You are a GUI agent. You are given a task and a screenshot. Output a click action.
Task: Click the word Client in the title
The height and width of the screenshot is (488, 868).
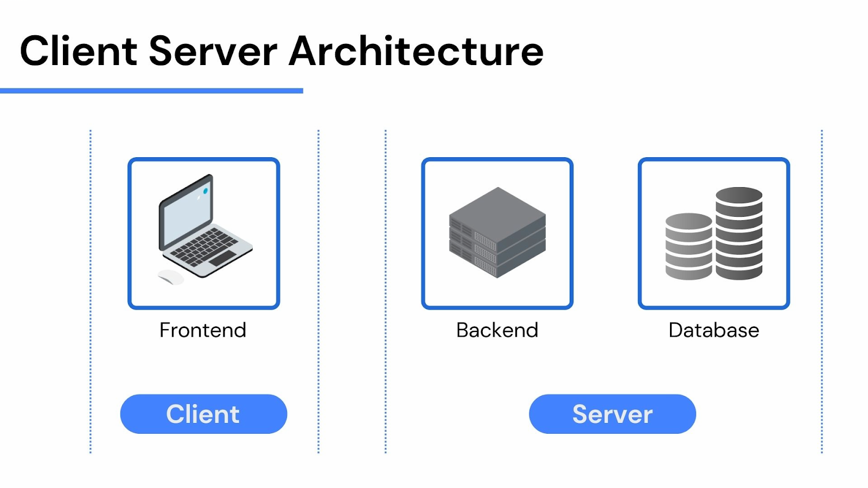[78, 52]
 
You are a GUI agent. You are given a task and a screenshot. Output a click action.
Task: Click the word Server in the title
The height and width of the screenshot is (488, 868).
[213, 52]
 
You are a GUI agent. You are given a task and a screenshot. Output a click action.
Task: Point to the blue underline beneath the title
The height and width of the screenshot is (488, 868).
[151, 91]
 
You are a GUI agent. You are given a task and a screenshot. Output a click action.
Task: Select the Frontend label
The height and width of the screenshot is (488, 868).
[203, 330]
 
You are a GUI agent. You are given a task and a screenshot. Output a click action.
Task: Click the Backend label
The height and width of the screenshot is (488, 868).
[497, 330]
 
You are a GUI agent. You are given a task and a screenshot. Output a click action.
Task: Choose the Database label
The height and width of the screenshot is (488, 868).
[713, 330]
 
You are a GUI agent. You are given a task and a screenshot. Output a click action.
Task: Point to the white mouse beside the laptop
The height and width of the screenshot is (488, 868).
[170, 277]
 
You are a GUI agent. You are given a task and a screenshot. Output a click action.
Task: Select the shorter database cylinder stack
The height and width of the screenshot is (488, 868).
[688, 247]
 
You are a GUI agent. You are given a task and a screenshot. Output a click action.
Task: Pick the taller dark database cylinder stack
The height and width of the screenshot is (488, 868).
[739, 233]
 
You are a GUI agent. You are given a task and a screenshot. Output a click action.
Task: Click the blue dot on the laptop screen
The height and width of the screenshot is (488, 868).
[206, 191]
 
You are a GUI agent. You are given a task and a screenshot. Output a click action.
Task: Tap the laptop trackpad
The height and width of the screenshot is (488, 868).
[222, 258]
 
